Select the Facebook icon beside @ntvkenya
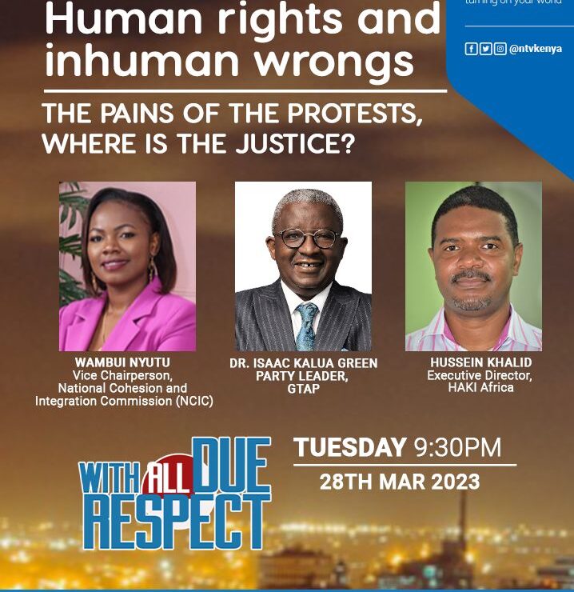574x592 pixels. [471, 49]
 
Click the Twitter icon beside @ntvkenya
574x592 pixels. [485, 49]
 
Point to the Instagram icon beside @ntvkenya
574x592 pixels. [500, 49]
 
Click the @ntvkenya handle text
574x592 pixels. [536, 49]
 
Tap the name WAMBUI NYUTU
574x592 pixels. [124, 362]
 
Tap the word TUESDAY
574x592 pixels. [349, 448]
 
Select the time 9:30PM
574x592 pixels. [457, 448]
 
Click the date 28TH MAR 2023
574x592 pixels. [400, 482]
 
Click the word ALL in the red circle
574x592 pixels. [168, 479]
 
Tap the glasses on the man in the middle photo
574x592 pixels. [308, 238]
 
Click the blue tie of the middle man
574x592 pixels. [306, 324]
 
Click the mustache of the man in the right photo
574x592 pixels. [471, 277]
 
